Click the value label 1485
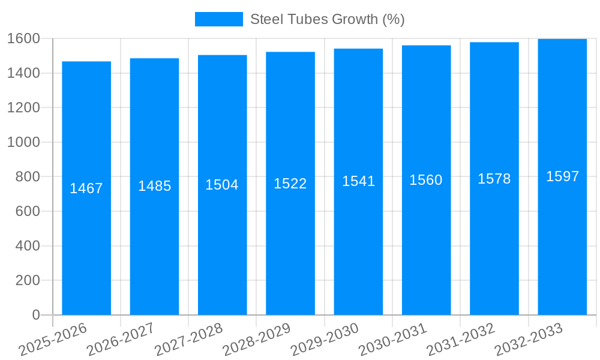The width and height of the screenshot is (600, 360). tap(154, 186)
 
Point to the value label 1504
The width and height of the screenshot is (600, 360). tap(222, 185)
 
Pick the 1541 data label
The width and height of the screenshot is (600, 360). tap(358, 181)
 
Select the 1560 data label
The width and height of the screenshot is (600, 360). tap(426, 180)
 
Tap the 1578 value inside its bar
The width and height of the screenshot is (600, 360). tap(494, 179)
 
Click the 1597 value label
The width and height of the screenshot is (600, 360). tap(562, 176)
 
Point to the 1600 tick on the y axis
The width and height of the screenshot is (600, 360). tap(23, 38)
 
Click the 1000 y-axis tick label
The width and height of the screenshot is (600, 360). tap(23, 142)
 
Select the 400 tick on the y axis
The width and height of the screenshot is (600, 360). tap(28, 246)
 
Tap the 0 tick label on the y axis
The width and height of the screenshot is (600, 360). tap(35, 315)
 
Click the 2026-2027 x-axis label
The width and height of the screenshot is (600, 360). tap(121, 340)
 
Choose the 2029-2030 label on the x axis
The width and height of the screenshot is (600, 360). tap(325, 340)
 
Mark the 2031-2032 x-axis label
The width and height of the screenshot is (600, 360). tap(461, 340)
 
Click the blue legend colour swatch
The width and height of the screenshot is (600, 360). tap(218, 19)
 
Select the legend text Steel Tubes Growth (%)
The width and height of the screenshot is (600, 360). tap(327, 19)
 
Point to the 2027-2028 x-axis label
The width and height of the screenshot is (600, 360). tap(188, 340)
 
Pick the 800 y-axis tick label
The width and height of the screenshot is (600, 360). tap(28, 177)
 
